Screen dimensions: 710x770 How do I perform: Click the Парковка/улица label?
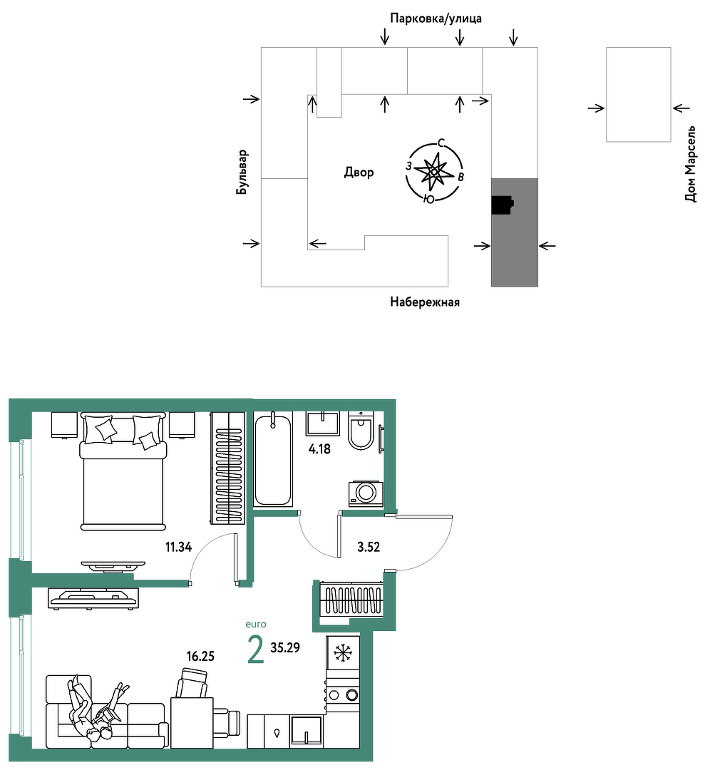tap(436, 19)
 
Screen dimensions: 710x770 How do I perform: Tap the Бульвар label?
tap(242, 172)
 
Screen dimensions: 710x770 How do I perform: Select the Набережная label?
tap(425, 302)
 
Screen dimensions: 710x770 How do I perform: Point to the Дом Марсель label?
tap(690, 164)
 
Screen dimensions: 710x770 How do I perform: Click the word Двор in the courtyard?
tap(359, 173)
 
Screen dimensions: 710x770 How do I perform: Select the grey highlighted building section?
tap(515, 232)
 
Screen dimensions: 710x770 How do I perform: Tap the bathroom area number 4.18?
tap(319, 448)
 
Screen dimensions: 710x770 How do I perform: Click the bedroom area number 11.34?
tap(178, 547)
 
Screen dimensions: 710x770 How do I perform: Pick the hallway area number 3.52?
tap(369, 547)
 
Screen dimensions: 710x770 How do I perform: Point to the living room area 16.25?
tap(200, 656)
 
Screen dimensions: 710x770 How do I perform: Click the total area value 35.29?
tap(285, 647)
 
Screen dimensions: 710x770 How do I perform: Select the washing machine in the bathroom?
tap(366, 493)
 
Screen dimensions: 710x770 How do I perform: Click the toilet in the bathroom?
tap(362, 431)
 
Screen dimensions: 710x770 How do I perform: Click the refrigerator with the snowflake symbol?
tap(343, 653)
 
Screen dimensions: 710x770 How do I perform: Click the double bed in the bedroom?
tap(123, 472)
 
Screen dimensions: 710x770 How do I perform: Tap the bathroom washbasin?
tap(322, 423)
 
